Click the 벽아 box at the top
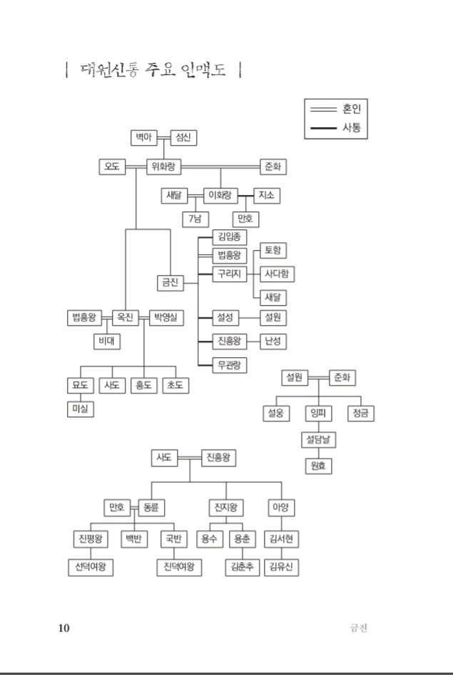click(145, 138)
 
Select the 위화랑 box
click(164, 167)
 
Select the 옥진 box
click(126, 316)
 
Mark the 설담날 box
click(318, 439)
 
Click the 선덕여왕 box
click(91, 567)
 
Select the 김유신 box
click(281, 567)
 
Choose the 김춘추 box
click(242, 567)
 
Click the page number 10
click(64, 628)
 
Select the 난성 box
click(273, 341)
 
